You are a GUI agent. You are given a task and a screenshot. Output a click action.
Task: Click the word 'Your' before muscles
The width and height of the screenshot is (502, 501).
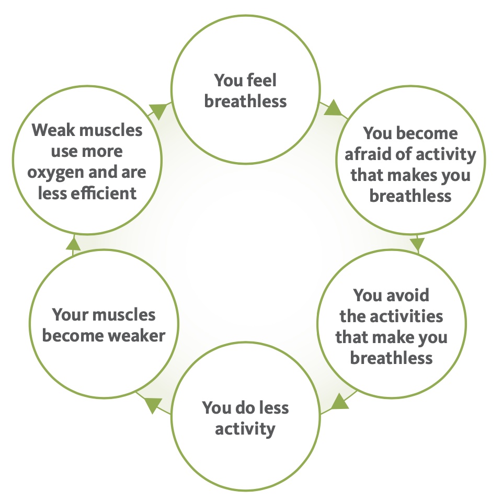67,315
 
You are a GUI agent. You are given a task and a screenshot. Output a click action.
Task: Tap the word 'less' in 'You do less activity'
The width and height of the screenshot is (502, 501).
273,407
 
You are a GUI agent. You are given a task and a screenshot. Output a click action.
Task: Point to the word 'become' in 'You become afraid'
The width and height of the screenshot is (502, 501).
427,133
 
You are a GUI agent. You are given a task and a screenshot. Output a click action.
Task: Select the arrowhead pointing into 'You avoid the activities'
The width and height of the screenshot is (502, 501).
417,244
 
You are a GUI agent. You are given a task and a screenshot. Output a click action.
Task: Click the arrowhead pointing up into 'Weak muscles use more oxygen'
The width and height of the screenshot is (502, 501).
73,244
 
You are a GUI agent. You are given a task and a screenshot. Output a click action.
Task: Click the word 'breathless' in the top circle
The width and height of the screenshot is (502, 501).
245,101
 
